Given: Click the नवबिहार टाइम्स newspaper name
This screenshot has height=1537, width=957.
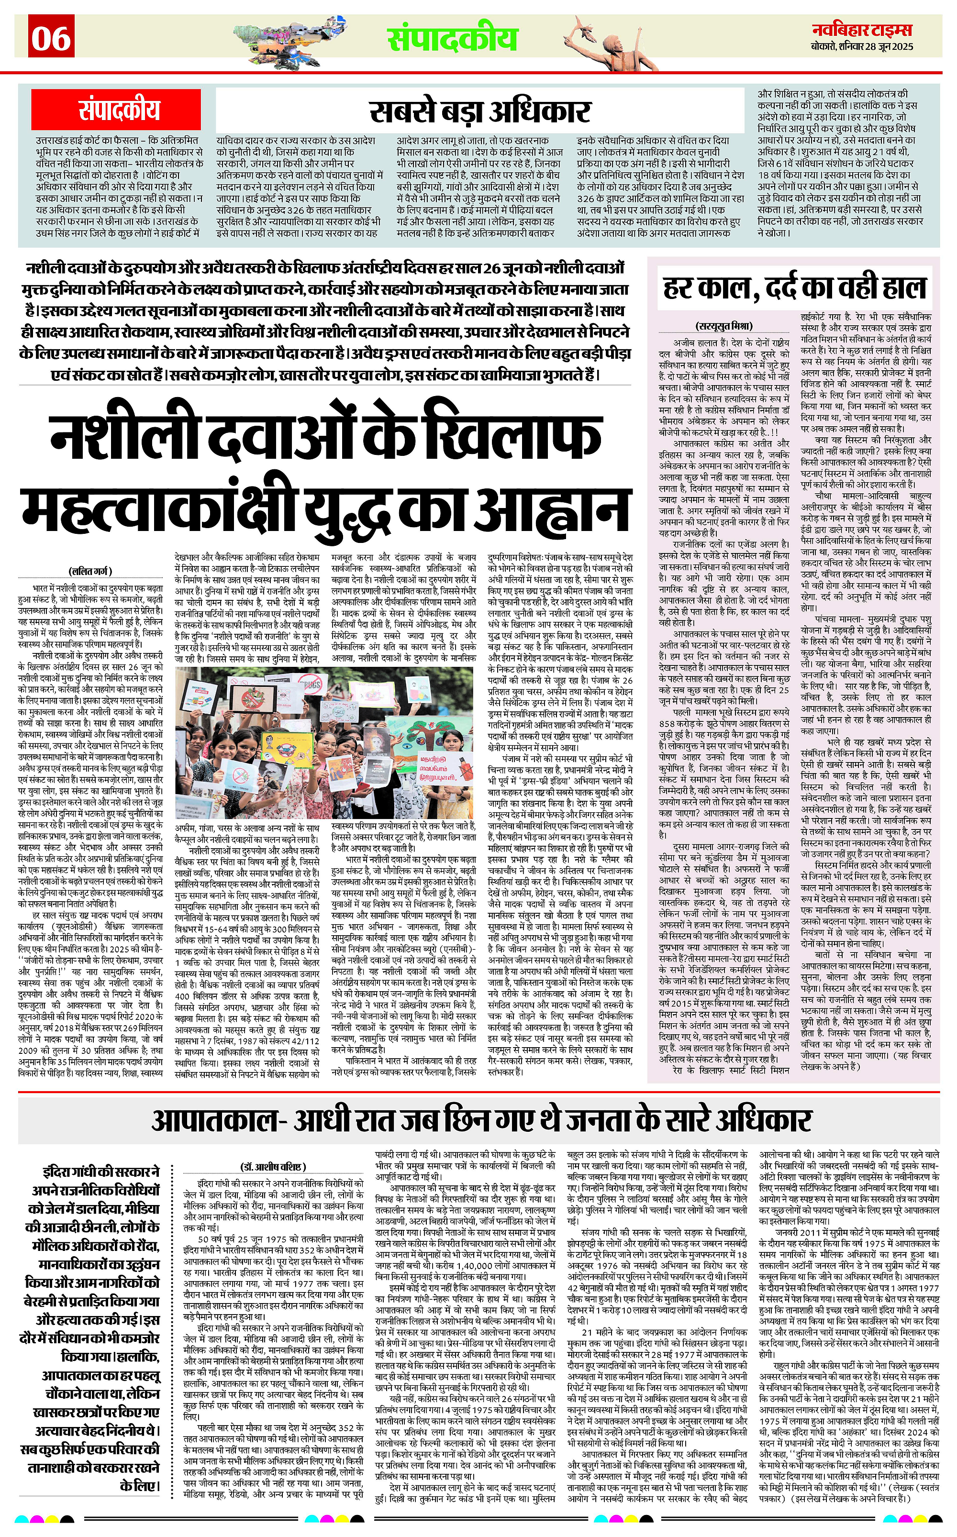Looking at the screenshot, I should [x=862, y=30].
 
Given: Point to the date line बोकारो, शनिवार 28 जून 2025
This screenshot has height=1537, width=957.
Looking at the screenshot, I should [x=862, y=47].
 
